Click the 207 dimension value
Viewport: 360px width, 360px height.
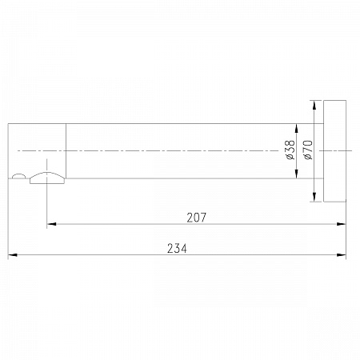pyautogui.click(x=197, y=218)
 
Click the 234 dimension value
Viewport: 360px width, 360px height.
pyautogui.click(x=177, y=249)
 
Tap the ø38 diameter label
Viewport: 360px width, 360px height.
pyautogui.click(x=290, y=150)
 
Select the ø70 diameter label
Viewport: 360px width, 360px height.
pyautogui.click(x=308, y=150)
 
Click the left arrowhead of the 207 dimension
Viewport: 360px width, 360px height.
pyautogui.click(x=51, y=224)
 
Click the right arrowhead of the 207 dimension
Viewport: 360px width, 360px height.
pyautogui.click(x=342, y=224)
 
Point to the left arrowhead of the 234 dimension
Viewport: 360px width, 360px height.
pyautogui.click(x=13, y=255)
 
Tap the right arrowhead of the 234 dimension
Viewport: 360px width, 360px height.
pyautogui.click(x=342, y=255)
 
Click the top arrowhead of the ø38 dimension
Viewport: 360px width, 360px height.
pyautogui.click(x=297, y=128)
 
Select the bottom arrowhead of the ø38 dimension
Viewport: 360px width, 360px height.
pyautogui.click(x=297, y=174)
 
